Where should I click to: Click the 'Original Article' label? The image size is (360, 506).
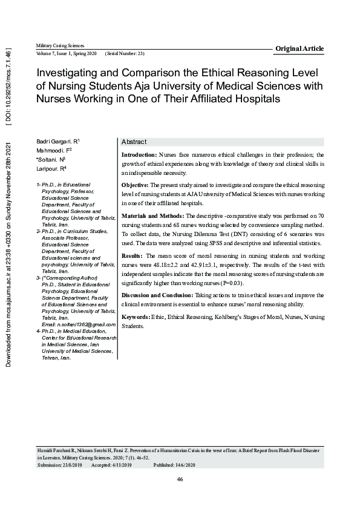click(x=299, y=48)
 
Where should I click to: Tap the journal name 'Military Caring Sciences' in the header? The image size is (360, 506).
click(x=60, y=46)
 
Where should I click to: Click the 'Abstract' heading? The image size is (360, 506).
click(x=134, y=142)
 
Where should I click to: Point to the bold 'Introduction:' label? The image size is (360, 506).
click(x=139, y=155)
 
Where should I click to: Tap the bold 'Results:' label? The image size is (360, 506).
click(x=133, y=256)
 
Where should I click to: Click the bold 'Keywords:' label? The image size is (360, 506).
click(x=136, y=317)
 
